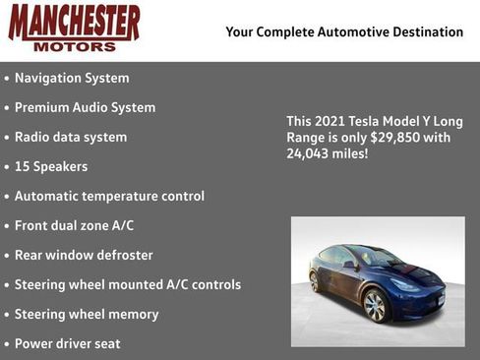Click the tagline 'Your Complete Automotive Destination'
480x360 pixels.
[x=344, y=32]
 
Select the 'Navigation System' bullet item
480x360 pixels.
[x=72, y=78]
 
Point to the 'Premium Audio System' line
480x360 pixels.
[x=85, y=107]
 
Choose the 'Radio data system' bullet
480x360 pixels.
[x=71, y=137]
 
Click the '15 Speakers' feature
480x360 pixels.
[x=51, y=166]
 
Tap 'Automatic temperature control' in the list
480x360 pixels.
[x=109, y=196]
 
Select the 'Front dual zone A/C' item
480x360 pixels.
[x=74, y=225]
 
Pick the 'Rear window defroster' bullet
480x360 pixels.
[x=84, y=255]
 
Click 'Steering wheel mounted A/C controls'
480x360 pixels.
[x=128, y=284]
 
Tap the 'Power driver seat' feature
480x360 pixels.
[x=68, y=343]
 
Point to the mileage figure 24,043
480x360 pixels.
[x=308, y=154]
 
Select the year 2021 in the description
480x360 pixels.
[x=331, y=121]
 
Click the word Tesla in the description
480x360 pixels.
[x=367, y=121]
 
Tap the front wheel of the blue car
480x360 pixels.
[x=376, y=305]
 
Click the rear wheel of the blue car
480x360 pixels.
[x=315, y=282]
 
